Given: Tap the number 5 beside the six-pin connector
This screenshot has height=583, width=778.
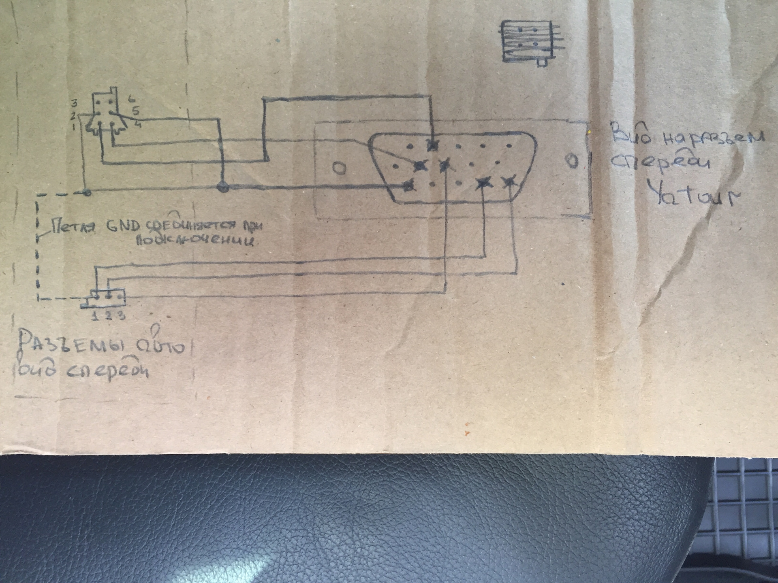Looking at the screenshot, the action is coord(135,111).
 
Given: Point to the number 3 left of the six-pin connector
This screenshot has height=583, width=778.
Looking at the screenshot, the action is coord(75,103).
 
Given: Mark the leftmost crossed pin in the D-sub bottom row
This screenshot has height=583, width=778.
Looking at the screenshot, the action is coord(409,185).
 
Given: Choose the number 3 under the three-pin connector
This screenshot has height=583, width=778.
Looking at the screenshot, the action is coord(121,315).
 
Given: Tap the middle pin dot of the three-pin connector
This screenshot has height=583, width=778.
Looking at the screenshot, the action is coord(108,296).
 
